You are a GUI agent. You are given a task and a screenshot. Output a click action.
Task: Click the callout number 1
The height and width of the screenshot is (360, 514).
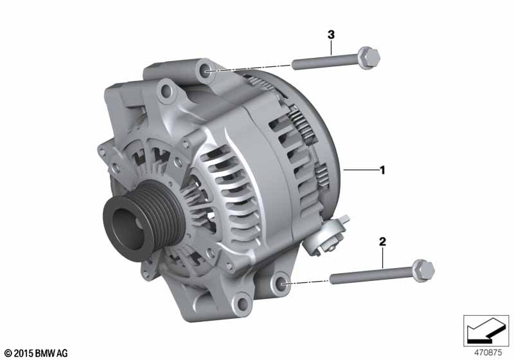coord(382,170)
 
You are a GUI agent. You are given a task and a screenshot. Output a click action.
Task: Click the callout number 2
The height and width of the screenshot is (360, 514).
coord(382,242)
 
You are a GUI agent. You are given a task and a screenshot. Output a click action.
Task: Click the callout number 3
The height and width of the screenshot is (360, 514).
coord(331,35)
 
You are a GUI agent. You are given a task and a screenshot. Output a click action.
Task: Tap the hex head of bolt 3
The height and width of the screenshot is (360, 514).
coord(368,58)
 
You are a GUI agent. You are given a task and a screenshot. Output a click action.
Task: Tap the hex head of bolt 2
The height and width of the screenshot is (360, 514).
coord(423,271)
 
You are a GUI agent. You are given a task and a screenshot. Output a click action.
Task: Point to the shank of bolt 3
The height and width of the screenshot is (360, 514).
coord(325,62)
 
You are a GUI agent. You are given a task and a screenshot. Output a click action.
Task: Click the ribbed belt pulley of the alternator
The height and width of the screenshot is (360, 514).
coord(143,220)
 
